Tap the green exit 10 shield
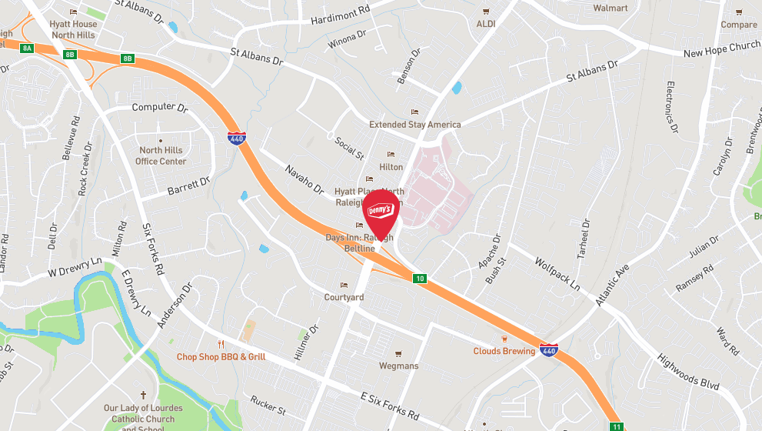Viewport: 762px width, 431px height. pos(419,278)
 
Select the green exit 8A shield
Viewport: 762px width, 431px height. pos(28,48)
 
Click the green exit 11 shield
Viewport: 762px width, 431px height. pos(616,426)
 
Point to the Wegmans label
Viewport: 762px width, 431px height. pos(399,366)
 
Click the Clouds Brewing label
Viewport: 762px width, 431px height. pos(504,352)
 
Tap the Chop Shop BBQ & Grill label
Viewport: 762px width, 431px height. pos(221,356)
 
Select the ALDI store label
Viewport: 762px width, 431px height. pos(486,24)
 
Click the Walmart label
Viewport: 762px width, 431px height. pos(611,8)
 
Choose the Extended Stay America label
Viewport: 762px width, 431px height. pos(415,124)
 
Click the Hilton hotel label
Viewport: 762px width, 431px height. pos(391,167)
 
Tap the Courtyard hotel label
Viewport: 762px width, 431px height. pos(344,297)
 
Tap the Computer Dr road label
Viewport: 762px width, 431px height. pos(160,108)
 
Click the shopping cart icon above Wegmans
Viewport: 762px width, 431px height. pos(398,354)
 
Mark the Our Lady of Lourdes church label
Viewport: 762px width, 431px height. pos(144,413)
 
